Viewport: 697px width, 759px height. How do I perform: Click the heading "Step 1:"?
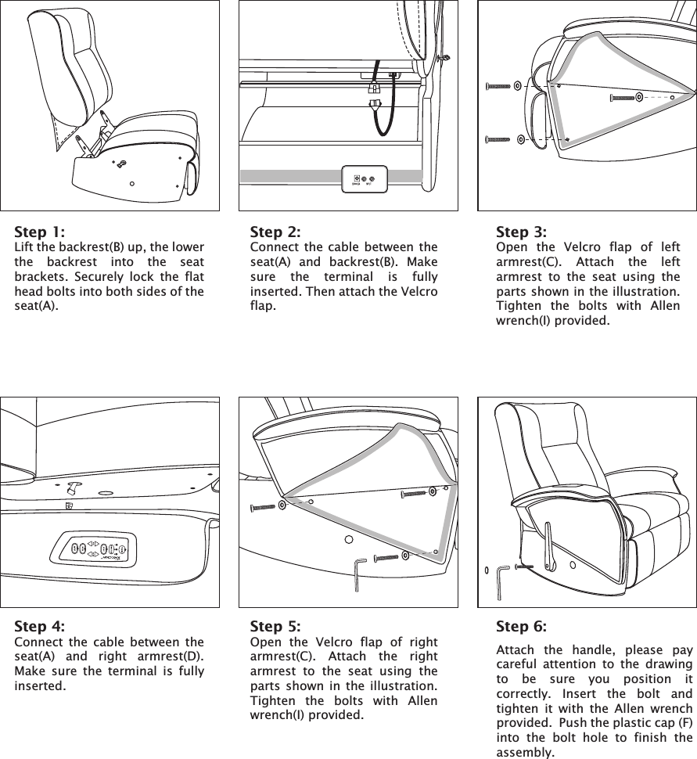(x=40, y=232)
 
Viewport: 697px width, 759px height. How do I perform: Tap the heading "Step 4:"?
(x=40, y=627)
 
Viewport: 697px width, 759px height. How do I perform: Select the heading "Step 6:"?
(x=521, y=627)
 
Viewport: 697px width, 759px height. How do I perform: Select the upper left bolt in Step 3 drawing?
(x=498, y=85)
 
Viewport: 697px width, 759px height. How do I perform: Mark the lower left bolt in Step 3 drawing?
(x=498, y=140)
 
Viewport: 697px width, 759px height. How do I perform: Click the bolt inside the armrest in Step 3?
(x=623, y=98)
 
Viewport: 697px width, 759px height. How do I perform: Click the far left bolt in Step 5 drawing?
(x=263, y=507)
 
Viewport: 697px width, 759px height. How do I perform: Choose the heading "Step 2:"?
(x=275, y=232)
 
